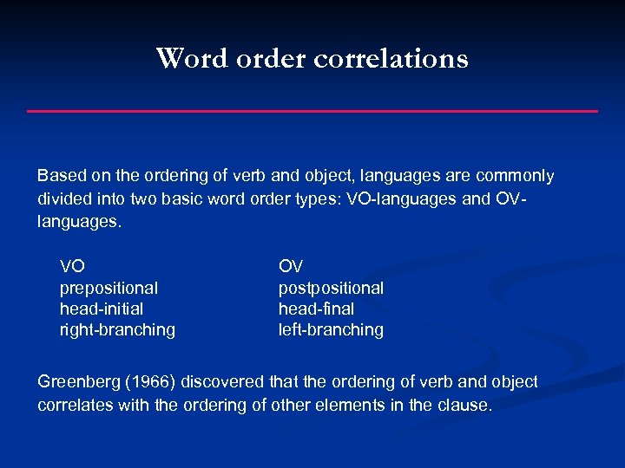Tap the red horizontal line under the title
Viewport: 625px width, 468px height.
click(312, 111)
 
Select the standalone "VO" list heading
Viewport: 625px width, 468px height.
click(72, 266)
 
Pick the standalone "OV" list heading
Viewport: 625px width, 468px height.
click(291, 266)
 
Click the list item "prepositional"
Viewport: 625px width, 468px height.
click(109, 288)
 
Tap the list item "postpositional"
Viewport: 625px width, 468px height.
click(331, 288)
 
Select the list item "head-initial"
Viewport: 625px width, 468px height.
click(102, 309)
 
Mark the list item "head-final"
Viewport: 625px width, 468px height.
click(316, 309)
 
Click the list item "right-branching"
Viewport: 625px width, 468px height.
click(117, 329)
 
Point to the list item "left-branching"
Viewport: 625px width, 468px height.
click(331, 329)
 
